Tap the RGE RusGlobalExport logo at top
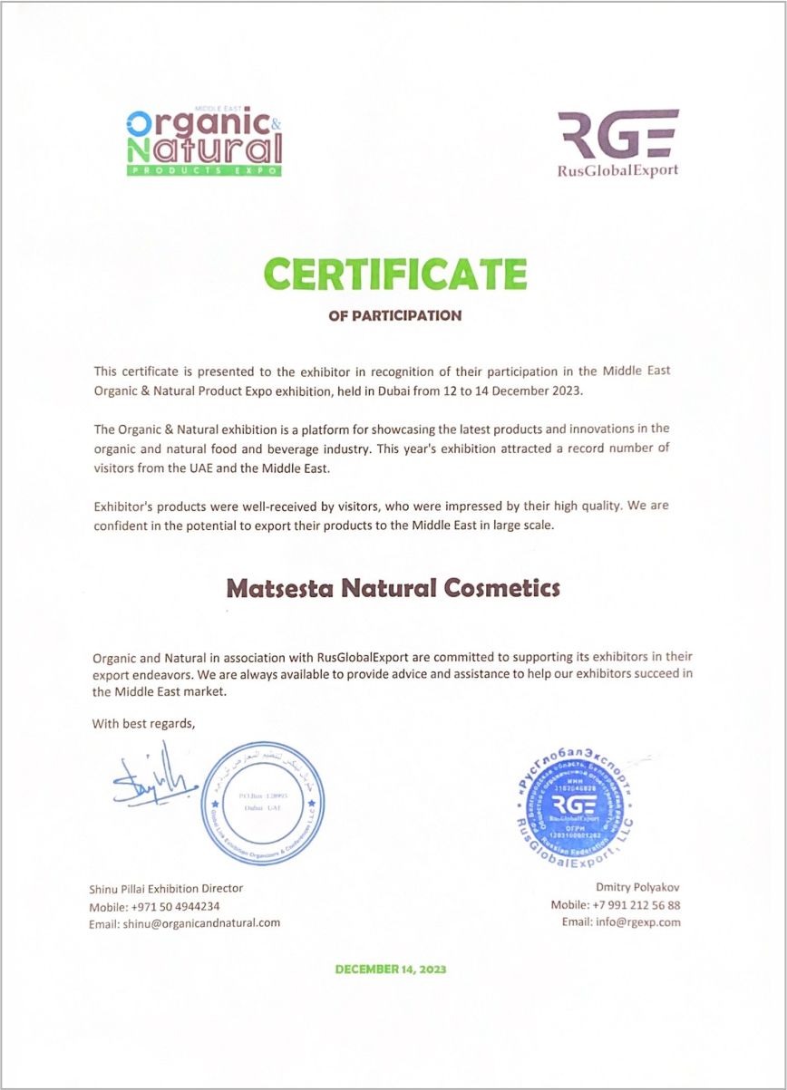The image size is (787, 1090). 617,143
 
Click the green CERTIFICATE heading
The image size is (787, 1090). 394,274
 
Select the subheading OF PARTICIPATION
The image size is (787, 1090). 394,316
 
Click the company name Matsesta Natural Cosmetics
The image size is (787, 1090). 393,588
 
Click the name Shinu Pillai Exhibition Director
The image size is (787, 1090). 166,888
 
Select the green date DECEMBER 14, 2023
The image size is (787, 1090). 391,969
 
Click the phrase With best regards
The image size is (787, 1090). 143,723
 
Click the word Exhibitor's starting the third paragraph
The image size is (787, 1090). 122,506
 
